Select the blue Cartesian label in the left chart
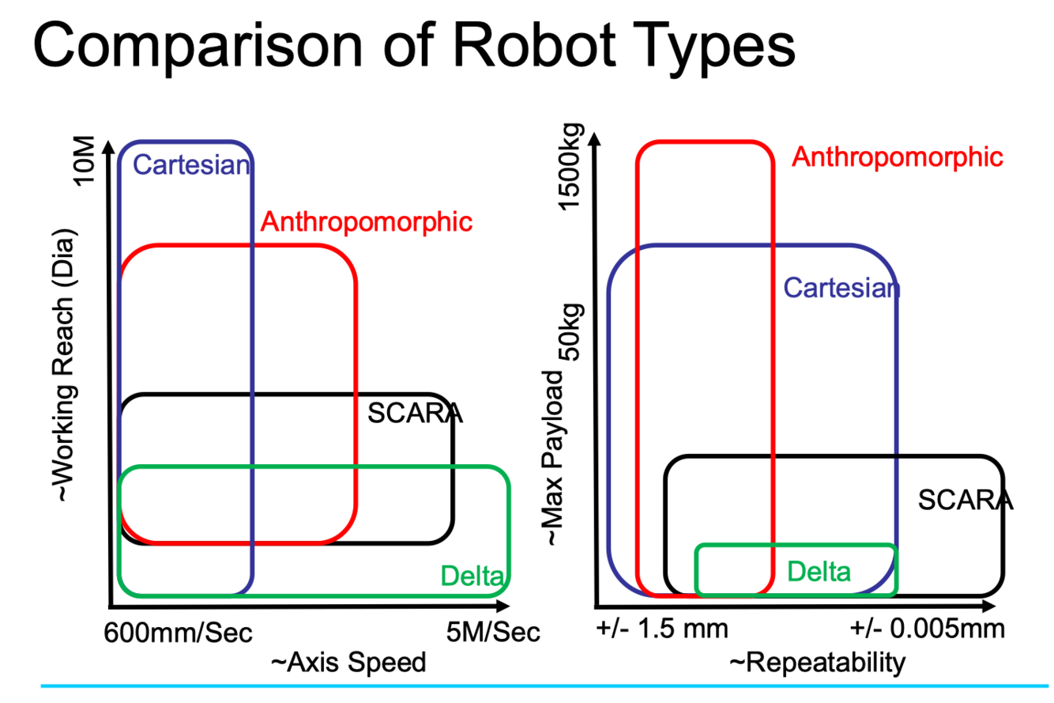pyautogui.click(x=193, y=165)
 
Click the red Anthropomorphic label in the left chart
pyautogui.click(x=367, y=222)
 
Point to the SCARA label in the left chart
pyautogui.click(x=415, y=413)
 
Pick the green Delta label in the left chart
pyautogui.click(x=472, y=575)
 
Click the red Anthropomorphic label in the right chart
pyautogui.click(x=898, y=157)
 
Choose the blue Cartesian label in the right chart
pyautogui.click(x=841, y=288)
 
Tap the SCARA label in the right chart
pyautogui.click(x=966, y=500)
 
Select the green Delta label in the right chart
pyautogui.click(x=820, y=570)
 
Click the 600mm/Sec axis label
pyautogui.click(x=178, y=633)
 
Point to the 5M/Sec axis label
pyautogui.click(x=493, y=633)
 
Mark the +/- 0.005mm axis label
pyautogui.click(x=928, y=630)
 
